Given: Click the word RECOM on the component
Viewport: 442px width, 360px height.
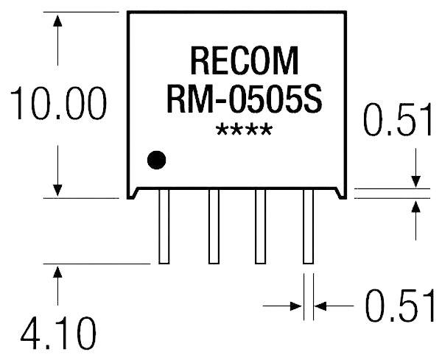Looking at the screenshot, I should click(234, 60).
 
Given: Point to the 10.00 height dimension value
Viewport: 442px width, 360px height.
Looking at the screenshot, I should click(56, 106).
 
